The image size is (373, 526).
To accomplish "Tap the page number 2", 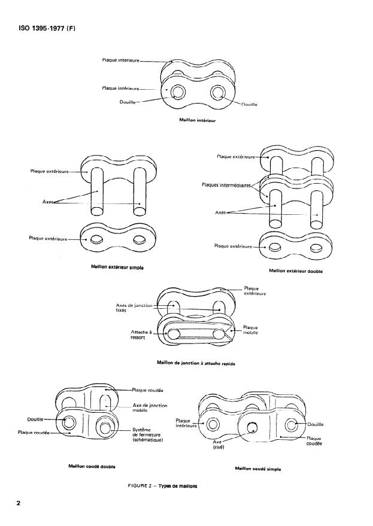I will point(19,503).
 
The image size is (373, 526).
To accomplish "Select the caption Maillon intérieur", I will point(197,120).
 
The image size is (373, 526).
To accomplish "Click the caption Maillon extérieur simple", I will point(117,267).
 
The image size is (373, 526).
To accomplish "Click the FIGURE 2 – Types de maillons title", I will point(161,486).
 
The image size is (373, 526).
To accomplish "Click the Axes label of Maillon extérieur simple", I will point(48,202).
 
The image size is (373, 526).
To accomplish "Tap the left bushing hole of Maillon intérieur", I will point(178,92).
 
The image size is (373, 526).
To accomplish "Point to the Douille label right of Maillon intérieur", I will point(248,105).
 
